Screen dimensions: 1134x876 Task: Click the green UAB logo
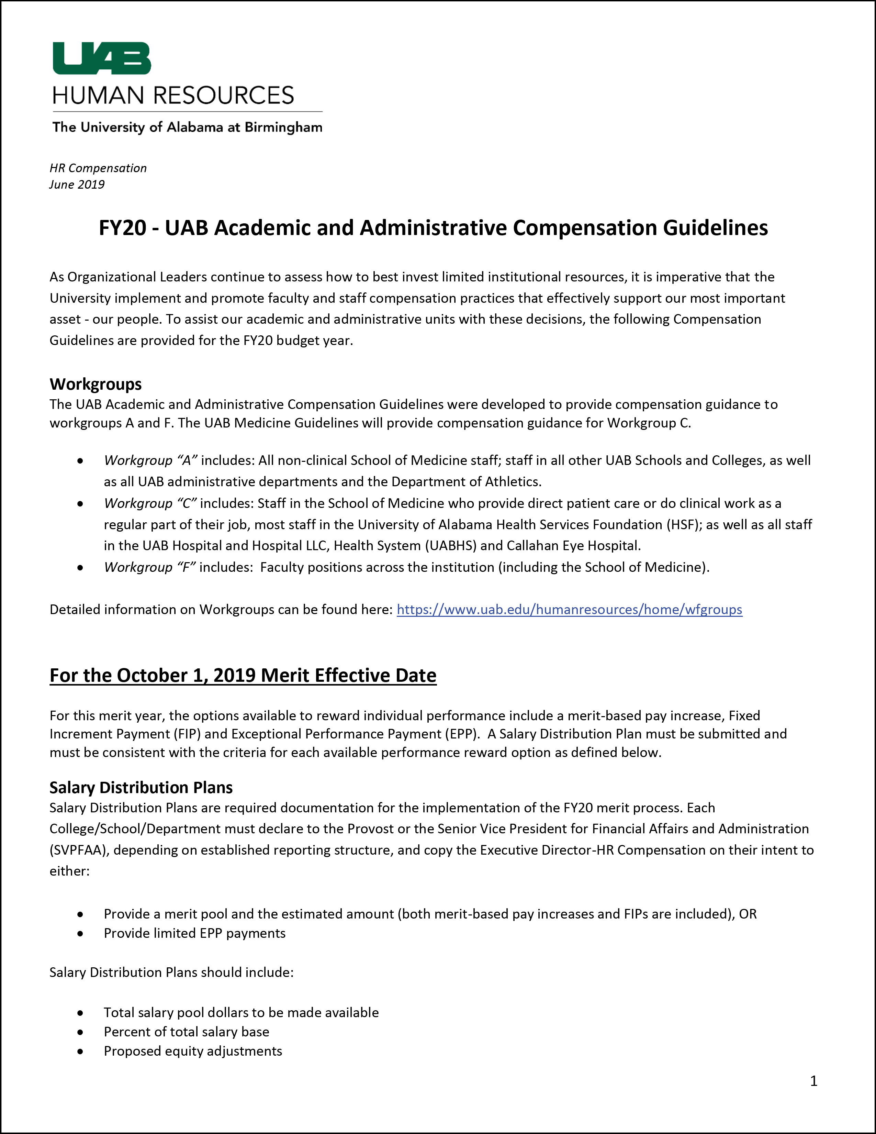tap(102, 58)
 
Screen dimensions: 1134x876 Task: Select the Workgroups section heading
tap(96, 384)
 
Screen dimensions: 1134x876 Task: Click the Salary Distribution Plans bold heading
tap(141, 787)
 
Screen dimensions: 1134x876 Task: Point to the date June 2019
tap(77, 185)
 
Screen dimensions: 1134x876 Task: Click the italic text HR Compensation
tap(98, 168)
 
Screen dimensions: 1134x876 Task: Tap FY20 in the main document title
tap(123, 228)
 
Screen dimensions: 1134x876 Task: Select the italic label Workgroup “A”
tap(150, 460)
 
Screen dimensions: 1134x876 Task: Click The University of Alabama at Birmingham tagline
tap(187, 127)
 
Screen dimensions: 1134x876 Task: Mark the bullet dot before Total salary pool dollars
tap(80, 1013)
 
